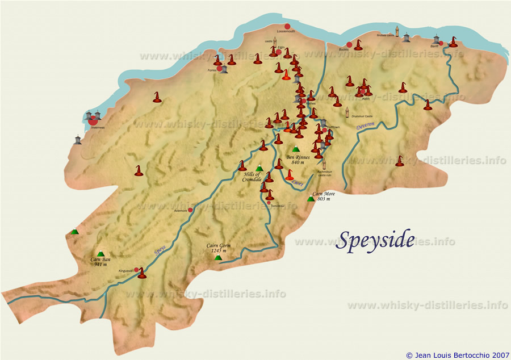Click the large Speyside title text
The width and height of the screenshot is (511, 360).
[375, 240]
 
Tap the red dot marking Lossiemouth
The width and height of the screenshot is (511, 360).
[287, 26]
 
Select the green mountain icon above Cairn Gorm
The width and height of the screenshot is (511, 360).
[218, 257]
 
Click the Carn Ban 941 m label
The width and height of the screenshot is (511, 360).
[100, 262]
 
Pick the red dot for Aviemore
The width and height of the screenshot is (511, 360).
[190, 210]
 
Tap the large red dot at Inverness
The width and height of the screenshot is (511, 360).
[93, 121]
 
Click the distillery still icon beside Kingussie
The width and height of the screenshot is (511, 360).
[142, 274]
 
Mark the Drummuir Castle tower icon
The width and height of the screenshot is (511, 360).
[347, 111]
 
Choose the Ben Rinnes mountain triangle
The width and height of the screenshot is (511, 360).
[295, 149]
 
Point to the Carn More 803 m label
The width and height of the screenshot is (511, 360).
[324, 196]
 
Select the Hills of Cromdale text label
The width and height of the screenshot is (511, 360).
[252, 177]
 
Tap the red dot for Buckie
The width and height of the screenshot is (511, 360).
[349, 44]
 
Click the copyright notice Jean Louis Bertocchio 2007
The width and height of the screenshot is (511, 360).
[458, 355]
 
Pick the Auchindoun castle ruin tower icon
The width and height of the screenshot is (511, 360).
[324, 165]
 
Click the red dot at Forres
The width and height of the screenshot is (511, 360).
[219, 69]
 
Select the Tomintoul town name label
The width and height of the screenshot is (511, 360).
[277, 206]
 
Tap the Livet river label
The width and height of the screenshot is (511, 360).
[299, 183]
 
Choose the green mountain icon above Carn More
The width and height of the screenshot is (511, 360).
[311, 199]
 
